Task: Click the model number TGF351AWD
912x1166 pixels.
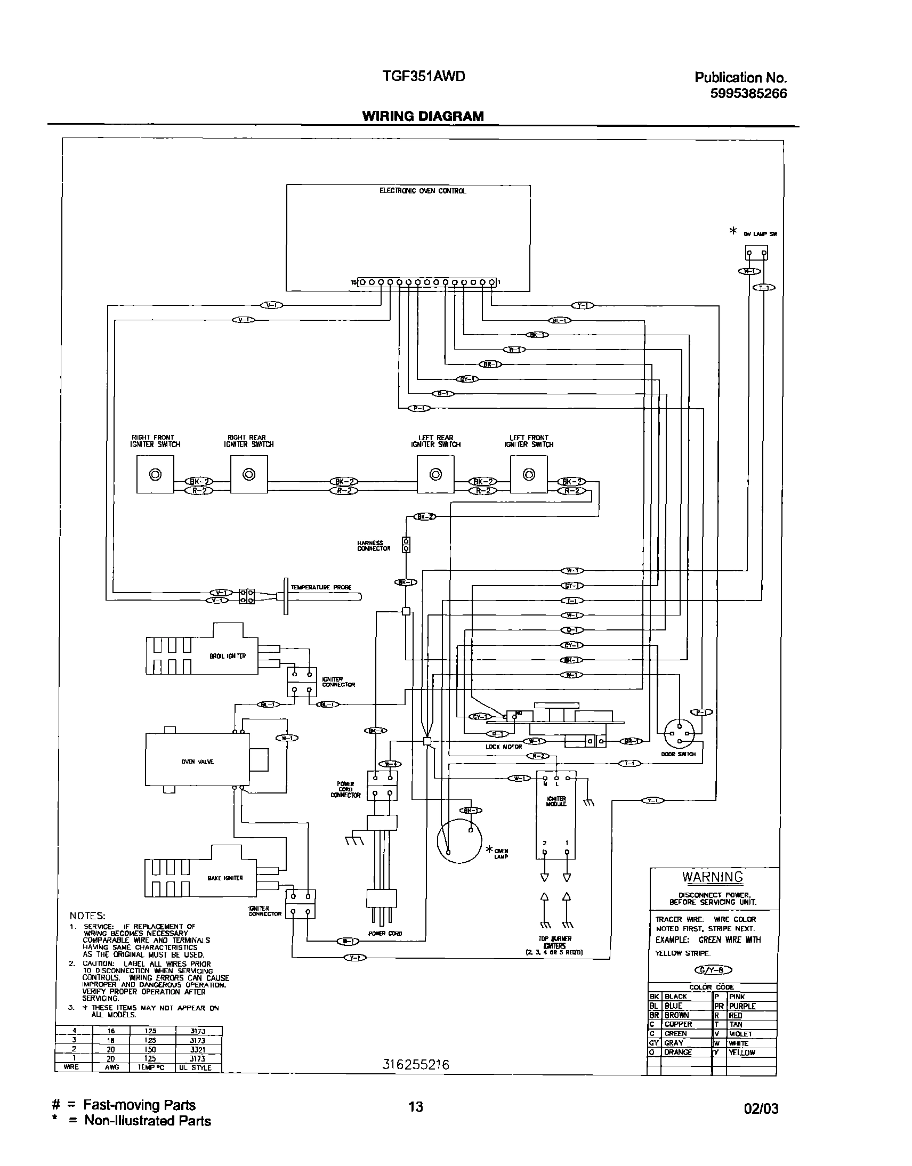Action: point(423,76)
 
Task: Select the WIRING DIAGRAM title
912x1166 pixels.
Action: point(423,116)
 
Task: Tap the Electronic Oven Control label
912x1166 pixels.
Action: point(422,191)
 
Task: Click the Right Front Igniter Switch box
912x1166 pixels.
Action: point(155,474)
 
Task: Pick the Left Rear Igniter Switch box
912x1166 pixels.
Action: point(435,474)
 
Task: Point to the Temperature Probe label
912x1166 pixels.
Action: point(321,587)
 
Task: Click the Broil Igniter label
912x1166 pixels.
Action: point(228,656)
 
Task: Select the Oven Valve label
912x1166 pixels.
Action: point(198,762)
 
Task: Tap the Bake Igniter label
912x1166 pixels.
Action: point(225,878)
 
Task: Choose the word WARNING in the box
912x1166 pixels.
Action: point(712,877)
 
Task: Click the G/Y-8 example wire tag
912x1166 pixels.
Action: point(713,970)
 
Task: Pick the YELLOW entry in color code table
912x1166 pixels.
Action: point(742,1053)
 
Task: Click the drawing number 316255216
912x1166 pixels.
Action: point(416,1065)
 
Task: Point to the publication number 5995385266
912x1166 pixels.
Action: point(748,93)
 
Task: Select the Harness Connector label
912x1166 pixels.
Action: point(374,546)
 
